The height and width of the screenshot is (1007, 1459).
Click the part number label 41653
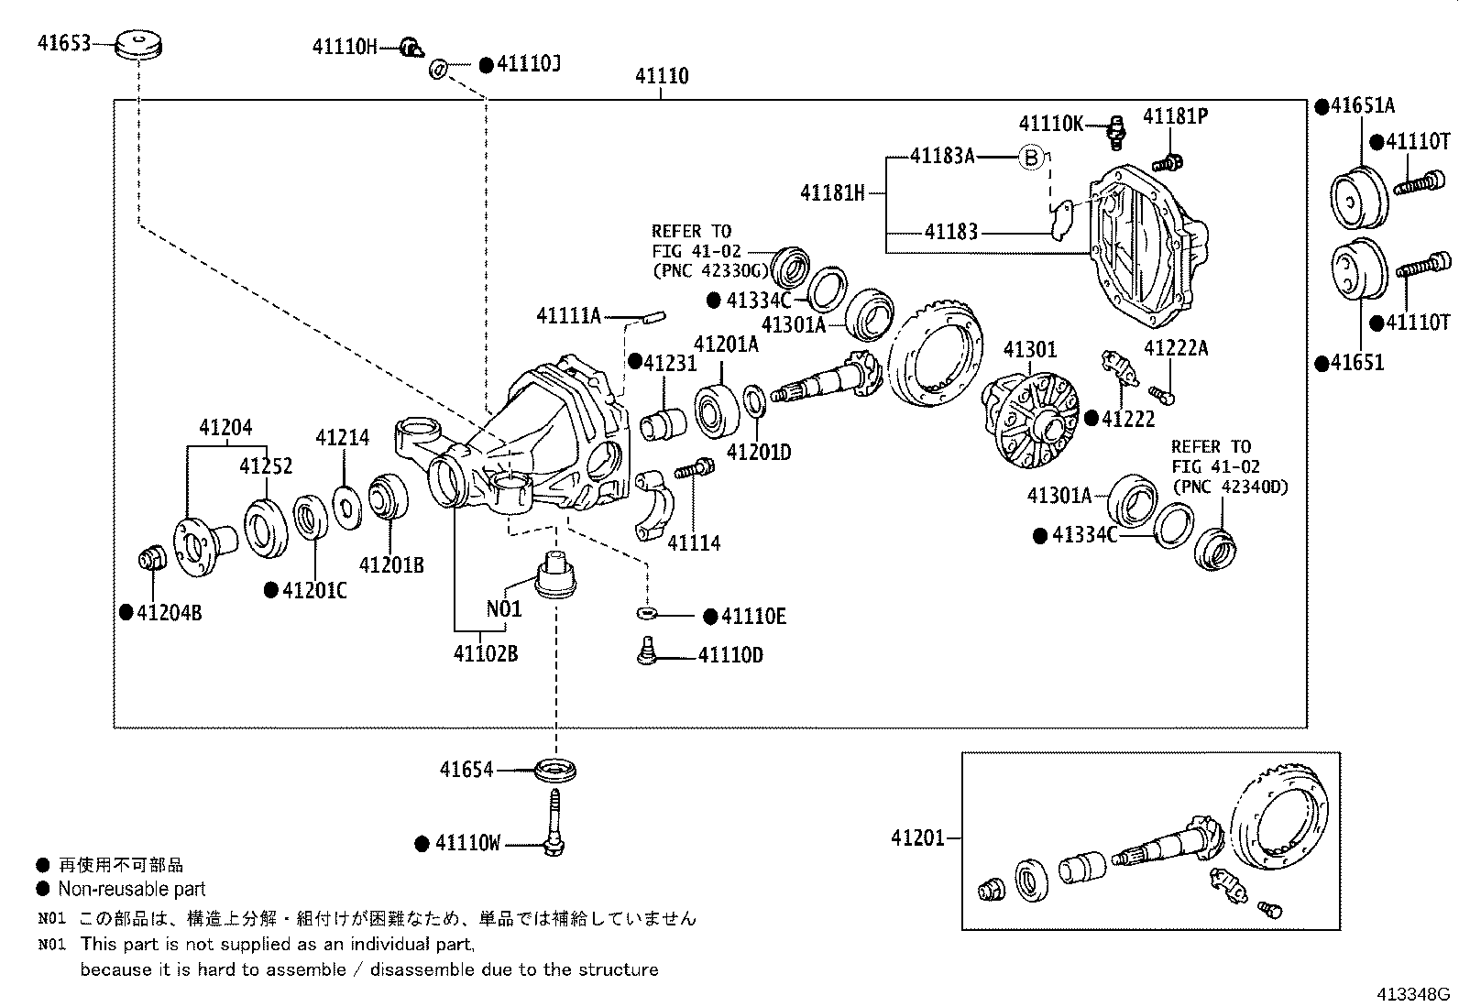(64, 42)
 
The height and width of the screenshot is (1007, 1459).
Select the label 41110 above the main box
(662, 76)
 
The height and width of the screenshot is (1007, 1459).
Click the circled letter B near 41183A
(1031, 158)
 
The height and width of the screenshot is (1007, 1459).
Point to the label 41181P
(1175, 116)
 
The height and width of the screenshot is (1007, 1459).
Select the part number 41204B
(169, 613)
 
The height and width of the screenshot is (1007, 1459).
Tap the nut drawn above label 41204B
(149, 556)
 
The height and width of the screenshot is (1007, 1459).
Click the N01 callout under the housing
(503, 608)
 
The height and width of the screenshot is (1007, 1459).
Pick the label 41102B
(485, 654)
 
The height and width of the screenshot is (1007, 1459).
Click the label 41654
(466, 770)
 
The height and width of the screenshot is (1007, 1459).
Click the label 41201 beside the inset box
(917, 837)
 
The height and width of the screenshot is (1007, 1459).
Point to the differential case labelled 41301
(1028, 417)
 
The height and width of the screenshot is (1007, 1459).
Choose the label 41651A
(1363, 105)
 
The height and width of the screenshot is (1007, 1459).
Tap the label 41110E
(753, 617)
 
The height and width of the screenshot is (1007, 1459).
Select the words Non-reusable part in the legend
(131, 889)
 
